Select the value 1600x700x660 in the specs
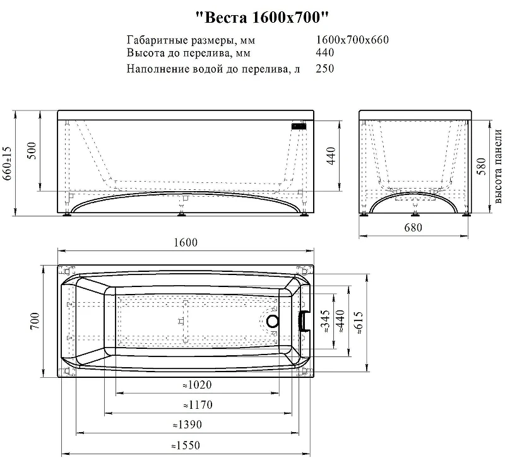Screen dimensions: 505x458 (352, 40)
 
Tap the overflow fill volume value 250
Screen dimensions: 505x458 (325, 68)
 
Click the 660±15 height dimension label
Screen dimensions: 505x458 (7, 163)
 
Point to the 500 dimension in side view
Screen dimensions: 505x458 (32, 150)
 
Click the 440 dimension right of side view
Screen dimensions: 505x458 (331, 156)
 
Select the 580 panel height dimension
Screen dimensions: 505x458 (481, 166)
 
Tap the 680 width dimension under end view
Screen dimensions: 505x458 (413, 228)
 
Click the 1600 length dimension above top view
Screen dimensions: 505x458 (186, 242)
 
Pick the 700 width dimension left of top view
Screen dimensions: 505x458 (35, 320)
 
